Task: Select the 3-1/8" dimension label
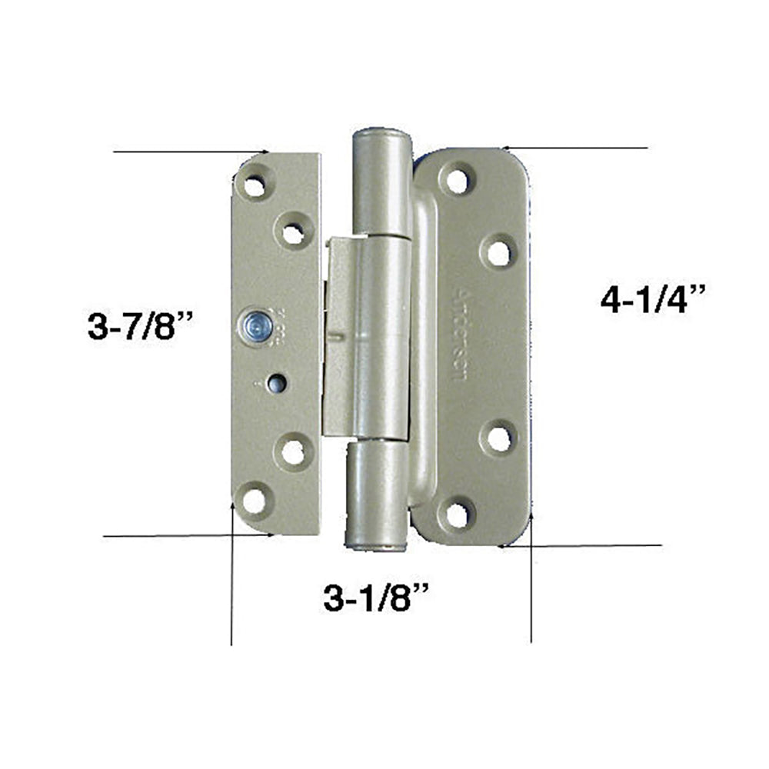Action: (375, 598)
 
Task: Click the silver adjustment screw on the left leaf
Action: (253, 327)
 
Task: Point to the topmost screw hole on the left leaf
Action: (254, 185)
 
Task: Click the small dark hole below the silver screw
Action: (274, 381)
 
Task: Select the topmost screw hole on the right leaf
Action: (458, 181)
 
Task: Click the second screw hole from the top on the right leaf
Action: (498, 252)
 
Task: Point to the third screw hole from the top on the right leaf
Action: (498, 439)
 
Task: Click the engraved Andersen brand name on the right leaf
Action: (462, 338)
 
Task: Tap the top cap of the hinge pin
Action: (381, 138)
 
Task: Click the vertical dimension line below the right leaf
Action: (531, 592)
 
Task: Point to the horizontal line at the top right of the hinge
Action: (577, 147)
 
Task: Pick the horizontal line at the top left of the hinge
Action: (188, 152)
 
